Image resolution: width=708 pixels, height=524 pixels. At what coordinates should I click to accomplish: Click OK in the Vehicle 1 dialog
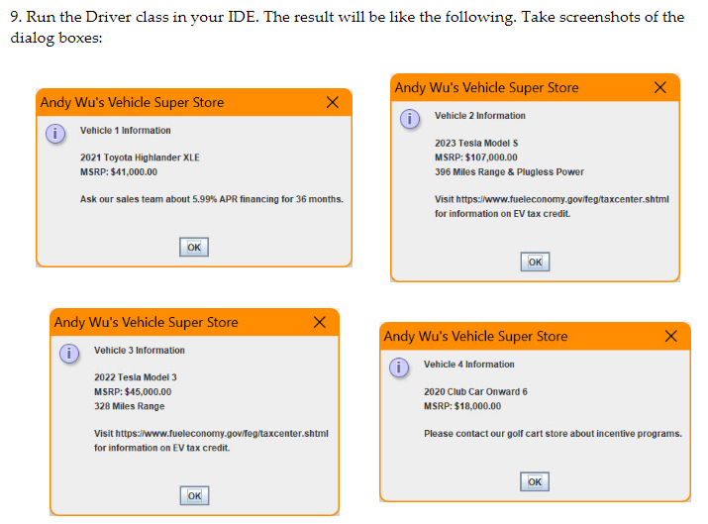(194, 247)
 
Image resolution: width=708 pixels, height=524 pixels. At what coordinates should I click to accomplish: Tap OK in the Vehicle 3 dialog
(194, 495)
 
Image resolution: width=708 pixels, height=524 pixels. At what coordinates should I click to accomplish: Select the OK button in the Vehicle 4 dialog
(535, 481)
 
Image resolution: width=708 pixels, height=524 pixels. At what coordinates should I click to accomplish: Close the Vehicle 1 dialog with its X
(333, 103)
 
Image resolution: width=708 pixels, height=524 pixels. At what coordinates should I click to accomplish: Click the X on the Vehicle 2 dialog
(660, 88)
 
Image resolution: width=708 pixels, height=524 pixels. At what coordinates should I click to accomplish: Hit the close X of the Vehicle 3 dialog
(319, 323)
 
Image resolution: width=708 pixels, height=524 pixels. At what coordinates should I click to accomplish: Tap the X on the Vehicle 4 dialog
(671, 337)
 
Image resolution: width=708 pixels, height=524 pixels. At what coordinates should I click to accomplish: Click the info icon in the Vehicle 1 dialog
(56, 132)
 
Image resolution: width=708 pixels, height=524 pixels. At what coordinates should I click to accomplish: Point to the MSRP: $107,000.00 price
(476, 157)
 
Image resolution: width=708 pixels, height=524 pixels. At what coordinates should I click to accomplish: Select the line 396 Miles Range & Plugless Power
(509, 171)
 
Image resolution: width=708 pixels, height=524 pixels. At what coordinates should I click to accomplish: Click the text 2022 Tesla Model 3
(136, 377)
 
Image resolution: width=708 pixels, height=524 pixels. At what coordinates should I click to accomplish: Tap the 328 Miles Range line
(130, 406)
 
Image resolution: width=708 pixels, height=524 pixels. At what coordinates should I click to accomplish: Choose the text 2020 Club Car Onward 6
(475, 391)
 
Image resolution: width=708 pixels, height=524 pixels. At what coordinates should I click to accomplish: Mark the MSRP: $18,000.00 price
(462, 406)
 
